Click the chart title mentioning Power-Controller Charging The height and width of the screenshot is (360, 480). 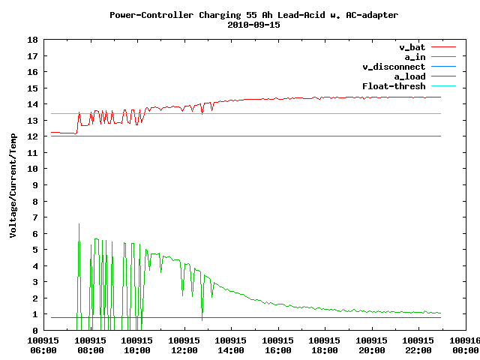(x=253, y=14)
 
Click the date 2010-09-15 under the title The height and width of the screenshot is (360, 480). (x=253, y=24)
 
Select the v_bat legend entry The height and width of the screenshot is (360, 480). (x=412, y=47)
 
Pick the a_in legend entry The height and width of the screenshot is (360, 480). (x=415, y=57)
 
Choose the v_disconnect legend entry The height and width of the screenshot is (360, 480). (x=394, y=67)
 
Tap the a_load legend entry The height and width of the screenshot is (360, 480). (x=409, y=76)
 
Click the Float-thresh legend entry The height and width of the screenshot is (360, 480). (x=394, y=86)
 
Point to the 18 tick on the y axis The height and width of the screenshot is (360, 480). (x=32, y=40)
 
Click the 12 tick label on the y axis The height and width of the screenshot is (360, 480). (x=32, y=136)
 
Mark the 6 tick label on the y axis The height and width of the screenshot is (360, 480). (x=35, y=233)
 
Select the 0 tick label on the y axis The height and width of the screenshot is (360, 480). (x=35, y=330)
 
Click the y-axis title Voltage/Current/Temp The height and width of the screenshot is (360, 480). (x=13, y=184)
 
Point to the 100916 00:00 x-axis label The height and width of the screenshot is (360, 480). (x=463, y=345)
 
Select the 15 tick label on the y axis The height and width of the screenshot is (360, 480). (x=32, y=88)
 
